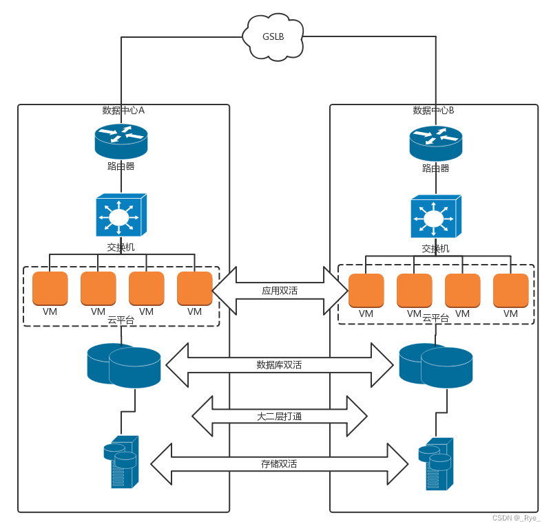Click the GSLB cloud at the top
tap(273, 36)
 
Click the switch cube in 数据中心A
tap(121, 216)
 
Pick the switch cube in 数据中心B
tap(435, 218)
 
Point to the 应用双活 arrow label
tap(280, 291)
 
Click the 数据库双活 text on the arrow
tap(279, 364)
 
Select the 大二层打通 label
tap(279, 416)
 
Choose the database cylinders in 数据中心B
tap(436, 364)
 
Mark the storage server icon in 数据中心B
tap(435, 463)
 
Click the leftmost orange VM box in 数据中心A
tap(50, 288)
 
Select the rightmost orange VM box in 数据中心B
tap(510, 290)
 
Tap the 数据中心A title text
tap(123, 110)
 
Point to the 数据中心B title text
tap(433, 110)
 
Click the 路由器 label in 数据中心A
tap(121, 166)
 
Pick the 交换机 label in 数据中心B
tap(435, 248)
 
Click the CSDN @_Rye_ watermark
tap(516, 518)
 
